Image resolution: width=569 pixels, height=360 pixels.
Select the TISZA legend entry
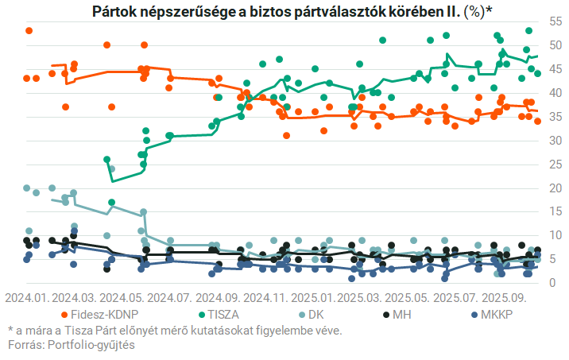coord(223,315)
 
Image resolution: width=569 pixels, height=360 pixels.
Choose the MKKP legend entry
coord(495,315)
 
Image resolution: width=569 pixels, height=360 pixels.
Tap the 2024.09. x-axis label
coord(216,298)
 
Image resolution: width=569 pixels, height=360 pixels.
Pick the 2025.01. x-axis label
coord(312,298)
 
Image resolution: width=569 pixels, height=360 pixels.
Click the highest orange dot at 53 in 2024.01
coord(29,30)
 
